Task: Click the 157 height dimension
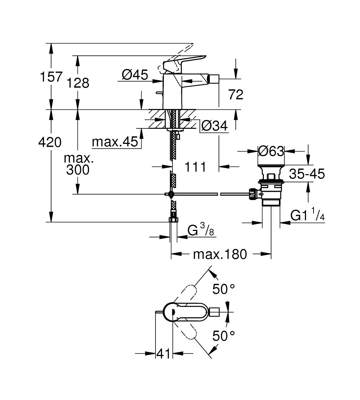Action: [51, 77]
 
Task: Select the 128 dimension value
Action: [78, 83]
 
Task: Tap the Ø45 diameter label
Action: [135, 75]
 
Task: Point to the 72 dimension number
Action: [236, 94]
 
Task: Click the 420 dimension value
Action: [50, 142]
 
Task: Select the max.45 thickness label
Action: [115, 142]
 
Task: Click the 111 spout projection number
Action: [195, 167]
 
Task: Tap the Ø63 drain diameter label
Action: [271, 151]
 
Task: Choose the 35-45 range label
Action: [307, 174]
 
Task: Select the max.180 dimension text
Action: [220, 254]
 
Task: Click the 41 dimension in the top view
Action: [163, 354]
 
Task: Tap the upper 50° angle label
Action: [224, 290]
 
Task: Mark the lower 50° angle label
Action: [224, 336]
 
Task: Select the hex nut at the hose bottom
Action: [174, 220]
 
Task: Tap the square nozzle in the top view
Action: [214, 312]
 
